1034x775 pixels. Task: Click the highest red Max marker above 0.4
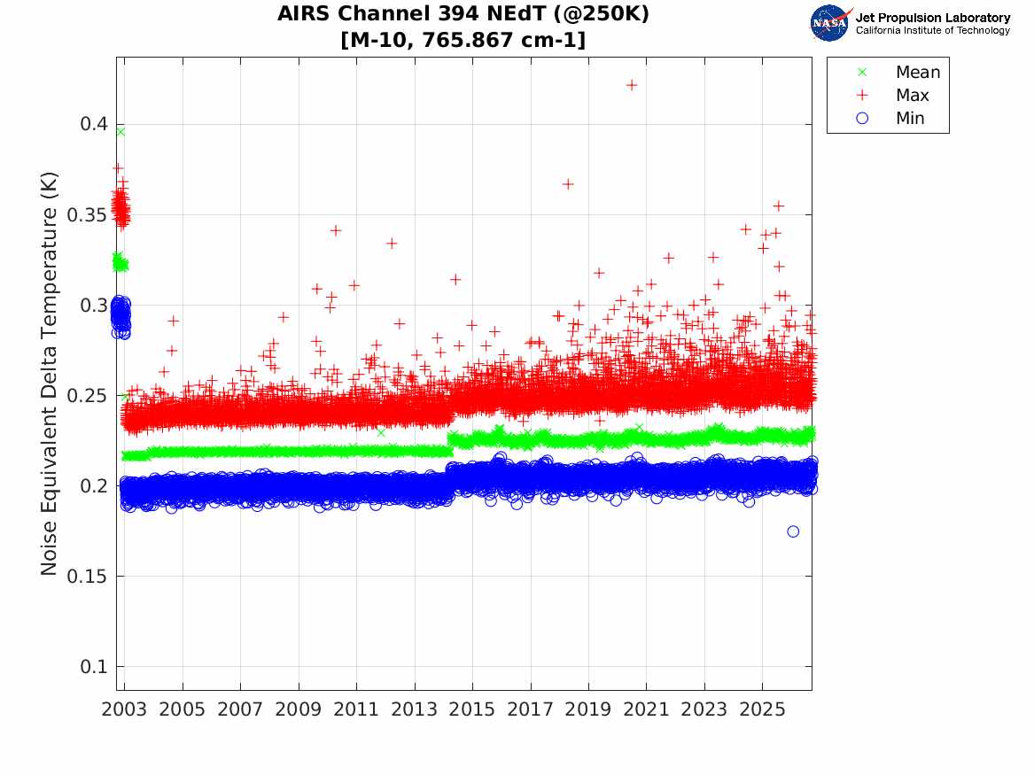click(x=632, y=85)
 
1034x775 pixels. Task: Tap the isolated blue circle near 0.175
click(x=793, y=531)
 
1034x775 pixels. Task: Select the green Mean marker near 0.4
click(x=121, y=132)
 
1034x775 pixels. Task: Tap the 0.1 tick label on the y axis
click(x=95, y=666)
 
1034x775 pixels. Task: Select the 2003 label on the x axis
click(x=124, y=709)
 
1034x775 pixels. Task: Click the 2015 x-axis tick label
click(x=472, y=709)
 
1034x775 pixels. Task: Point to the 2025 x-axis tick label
click(x=762, y=709)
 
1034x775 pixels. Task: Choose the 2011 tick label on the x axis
click(x=356, y=709)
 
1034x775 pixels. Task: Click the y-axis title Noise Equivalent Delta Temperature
click(x=50, y=374)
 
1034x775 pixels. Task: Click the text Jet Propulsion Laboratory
click(x=932, y=18)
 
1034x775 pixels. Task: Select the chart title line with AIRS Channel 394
click(x=463, y=13)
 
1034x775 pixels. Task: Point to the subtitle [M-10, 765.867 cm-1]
click(x=463, y=40)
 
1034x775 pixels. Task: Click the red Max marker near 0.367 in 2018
click(x=568, y=184)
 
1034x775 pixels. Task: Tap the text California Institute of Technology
click(x=932, y=30)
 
